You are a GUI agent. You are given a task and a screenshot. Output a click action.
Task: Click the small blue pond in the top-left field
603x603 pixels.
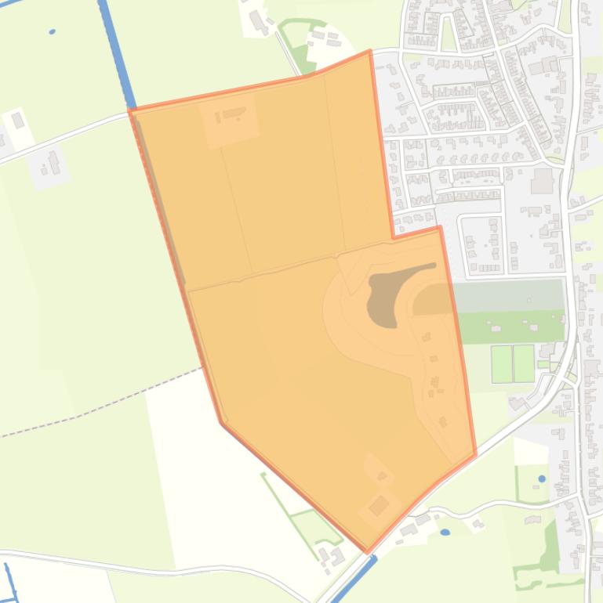pyautogui.click(x=52, y=32)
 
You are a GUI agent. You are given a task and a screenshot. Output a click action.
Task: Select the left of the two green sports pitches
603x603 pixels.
pyautogui.click(x=502, y=363)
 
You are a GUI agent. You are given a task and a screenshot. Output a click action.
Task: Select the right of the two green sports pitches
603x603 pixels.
pyautogui.click(x=523, y=363)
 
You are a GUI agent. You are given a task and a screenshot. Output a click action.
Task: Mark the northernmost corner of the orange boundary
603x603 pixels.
pyautogui.click(x=369, y=52)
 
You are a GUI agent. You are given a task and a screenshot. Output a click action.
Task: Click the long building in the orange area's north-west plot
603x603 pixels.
pyautogui.click(x=233, y=114)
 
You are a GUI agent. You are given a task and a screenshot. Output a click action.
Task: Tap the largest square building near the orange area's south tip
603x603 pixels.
pyautogui.click(x=379, y=505)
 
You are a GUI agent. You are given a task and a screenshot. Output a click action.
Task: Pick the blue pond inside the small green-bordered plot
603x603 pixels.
pyautogui.click(x=542, y=478)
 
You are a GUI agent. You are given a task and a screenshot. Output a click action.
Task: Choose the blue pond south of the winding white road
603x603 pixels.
pyautogui.click(x=445, y=533)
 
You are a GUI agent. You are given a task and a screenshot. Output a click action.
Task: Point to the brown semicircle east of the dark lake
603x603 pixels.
pyautogui.click(x=434, y=301)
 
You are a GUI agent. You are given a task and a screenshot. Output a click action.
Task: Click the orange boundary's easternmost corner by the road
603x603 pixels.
pyautogui.click(x=475, y=453)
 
